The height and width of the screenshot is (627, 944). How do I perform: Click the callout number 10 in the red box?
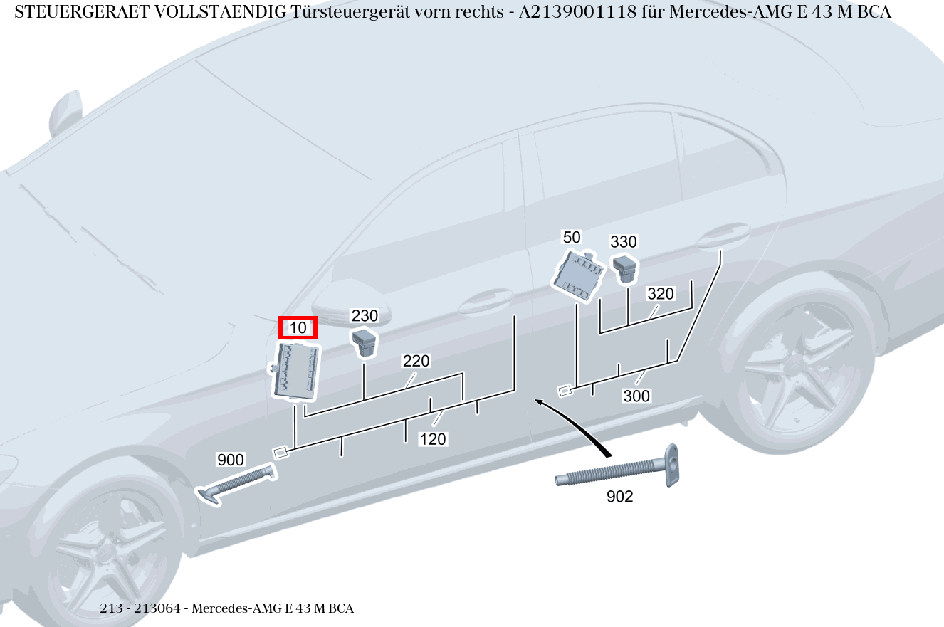coord(298,327)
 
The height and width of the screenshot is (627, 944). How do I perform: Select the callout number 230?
coord(365,315)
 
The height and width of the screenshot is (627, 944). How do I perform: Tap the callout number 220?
coord(416,361)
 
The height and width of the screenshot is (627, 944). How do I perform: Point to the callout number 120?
coord(433,439)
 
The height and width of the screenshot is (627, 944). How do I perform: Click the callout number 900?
coord(231,460)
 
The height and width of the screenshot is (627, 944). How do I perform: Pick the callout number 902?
coord(619,497)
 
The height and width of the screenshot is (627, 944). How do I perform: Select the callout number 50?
coord(572,237)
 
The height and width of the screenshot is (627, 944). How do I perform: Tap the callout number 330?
coord(624,242)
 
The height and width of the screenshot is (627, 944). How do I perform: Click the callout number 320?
coord(660,293)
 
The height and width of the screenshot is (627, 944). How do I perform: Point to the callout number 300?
coord(636,396)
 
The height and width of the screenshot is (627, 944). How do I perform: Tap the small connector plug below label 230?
coord(365,341)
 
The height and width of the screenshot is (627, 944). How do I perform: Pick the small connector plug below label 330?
coord(625,268)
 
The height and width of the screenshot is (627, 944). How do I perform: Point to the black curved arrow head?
coord(540,404)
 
